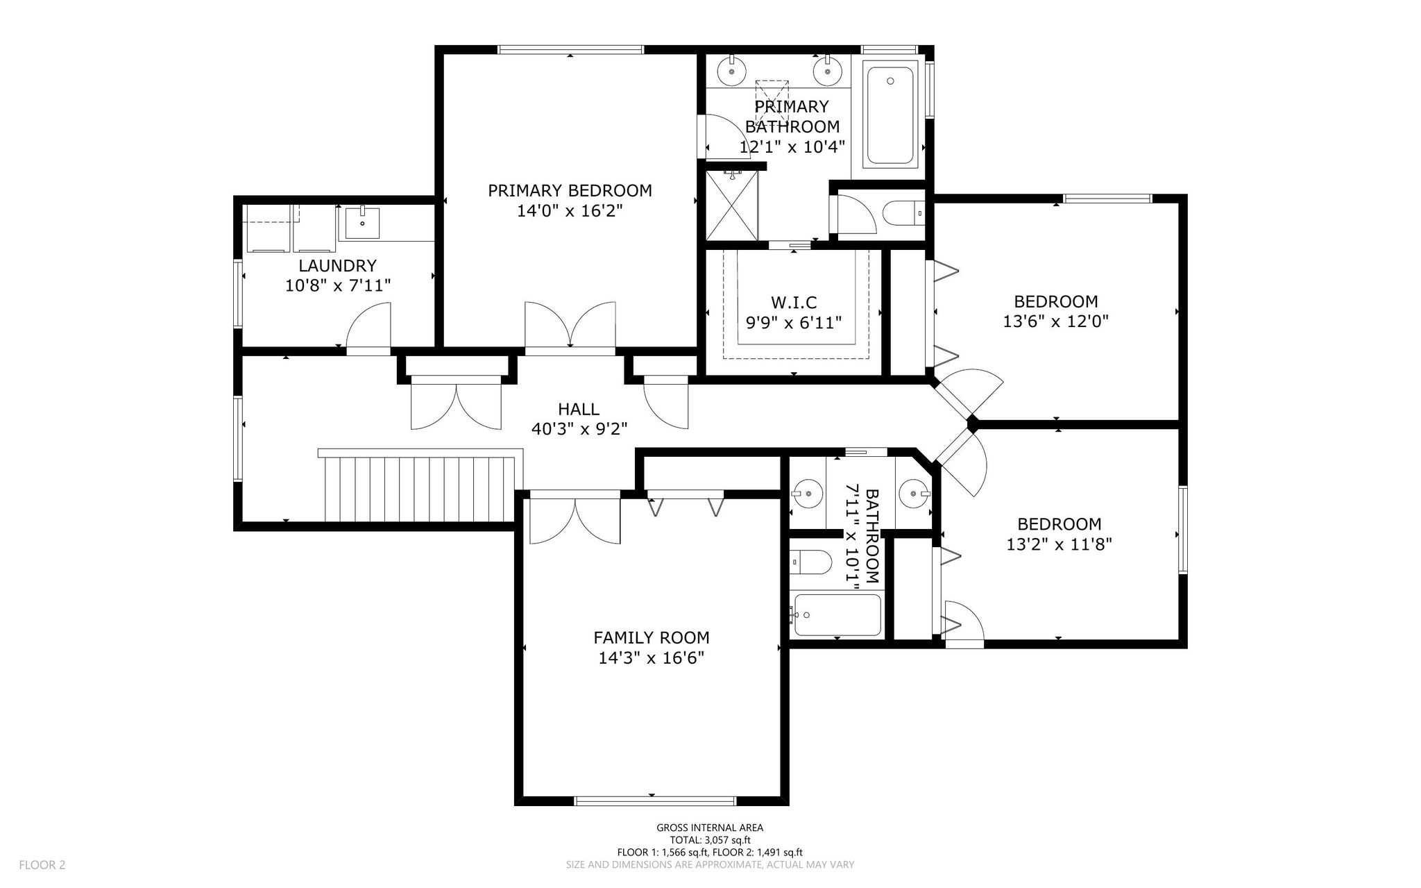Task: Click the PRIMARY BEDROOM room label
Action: (570, 190)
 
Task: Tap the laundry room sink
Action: (362, 223)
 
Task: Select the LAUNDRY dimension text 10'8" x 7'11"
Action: (338, 285)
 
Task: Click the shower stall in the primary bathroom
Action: (732, 206)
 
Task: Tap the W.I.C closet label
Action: (794, 302)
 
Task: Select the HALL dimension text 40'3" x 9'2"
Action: (579, 429)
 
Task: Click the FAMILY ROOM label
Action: (652, 637)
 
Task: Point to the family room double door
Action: (575, 518)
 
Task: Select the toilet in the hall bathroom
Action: (811, 562)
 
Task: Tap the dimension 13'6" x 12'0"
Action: (1056, 321)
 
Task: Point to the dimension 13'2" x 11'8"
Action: (1060, 544)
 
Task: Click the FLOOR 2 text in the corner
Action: (42, 865)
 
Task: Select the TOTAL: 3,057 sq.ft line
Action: (710, 840)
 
